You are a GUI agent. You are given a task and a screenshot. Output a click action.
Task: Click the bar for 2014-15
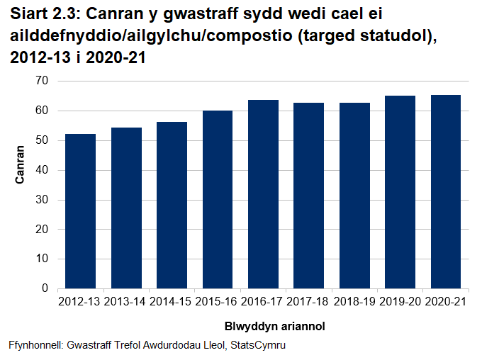point(172,206)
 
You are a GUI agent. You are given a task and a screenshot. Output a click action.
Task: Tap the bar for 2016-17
point(263,194)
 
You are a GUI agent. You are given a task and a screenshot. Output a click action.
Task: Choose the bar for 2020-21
point(446,192)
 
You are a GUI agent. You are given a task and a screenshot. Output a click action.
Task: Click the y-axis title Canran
point(21,165)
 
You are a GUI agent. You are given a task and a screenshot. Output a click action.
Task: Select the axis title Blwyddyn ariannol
point(264,327)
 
